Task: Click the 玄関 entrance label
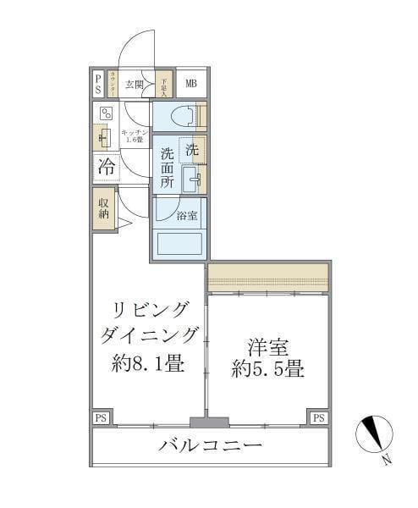[x=134, y=84]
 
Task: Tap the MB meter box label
[x=190, y=83]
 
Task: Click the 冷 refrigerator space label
[x=106, y=166]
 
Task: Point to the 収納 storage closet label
[x=103, y=208]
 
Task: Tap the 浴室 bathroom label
[x=187, y=216]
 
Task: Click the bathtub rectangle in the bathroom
[x=179, y=243]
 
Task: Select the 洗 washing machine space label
[x=192, y=149]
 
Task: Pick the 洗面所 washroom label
[x=167, y=168]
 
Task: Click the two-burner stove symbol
[x=106, y=113]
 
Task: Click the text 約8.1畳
[x=148, y=365]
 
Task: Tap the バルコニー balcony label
[x=210, y=445]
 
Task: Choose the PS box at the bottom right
[x=318, y=417]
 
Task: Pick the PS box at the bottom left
[x=101, y=417]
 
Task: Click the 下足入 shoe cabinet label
[x=165, y=83]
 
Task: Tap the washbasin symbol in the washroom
[x=190, y=178]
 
